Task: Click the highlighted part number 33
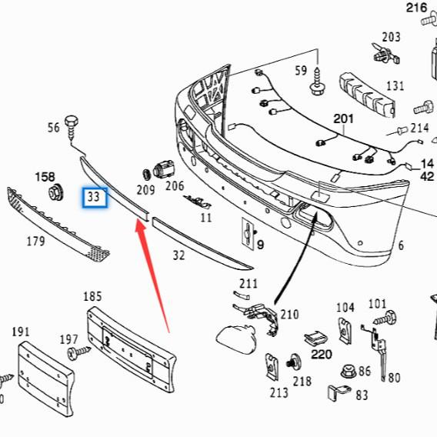pyautogui.click(x=94, y=197)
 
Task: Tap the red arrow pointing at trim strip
pyautogui.click(x=153, y=269)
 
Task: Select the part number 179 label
pyautogui.click(x=35, y=242)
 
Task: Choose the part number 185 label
pyautogui.click(x=92, y=295)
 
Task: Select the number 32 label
pyautogui.click(x=178, y=255)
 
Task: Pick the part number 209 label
pyautogui.click(x=145, y=188)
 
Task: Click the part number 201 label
pyautogui.click(x=343, y=119)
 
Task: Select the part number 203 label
pyautogui.click(x=391, y=36)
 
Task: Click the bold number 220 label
pyautogui.click(x=321, y=355)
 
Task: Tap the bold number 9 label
pyautogui.click(x=260, y=245)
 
